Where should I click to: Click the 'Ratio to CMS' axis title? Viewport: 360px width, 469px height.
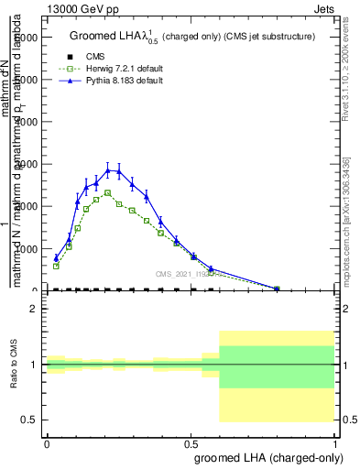12,365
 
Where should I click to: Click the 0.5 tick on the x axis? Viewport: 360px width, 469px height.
191,443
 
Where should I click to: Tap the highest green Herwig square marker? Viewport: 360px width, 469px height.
108,192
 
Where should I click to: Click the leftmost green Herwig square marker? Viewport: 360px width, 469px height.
56,266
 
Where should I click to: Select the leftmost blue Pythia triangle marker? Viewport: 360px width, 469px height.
56,257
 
